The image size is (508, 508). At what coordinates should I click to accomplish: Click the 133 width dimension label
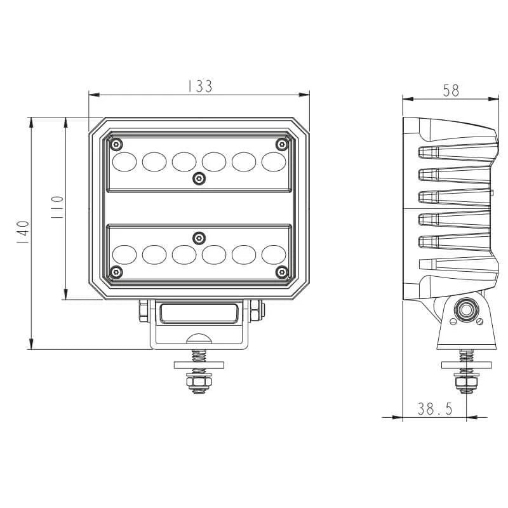pyautogui.click(x=199, y=87)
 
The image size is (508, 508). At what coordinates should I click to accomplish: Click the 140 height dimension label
pyautogui.click(x=23, y=234)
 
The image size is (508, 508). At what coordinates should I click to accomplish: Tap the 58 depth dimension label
pyautogui.click(x=451, y=91)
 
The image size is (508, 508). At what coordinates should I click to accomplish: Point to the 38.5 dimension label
pyautogui.click(x=435, y=410)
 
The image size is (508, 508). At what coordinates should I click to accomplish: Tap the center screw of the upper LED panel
pyautogui.click(x=199, y=179)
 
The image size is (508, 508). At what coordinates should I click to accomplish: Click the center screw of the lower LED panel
pyautogui.click(x=199, y=236)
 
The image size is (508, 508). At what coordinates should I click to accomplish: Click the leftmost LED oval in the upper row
pyautogui.click(x=124, y=162)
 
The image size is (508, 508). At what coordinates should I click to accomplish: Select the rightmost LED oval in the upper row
pyautogui.click(x=274, y=162)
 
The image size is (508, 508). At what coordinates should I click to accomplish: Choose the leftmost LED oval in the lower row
pyautogui.click(x=124, y=254)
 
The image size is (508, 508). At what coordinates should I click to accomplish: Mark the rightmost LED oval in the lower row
pyautogui.click(x=274, y=254)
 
